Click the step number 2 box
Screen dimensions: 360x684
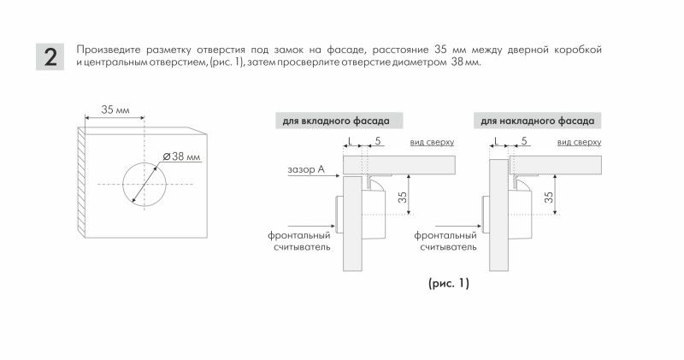coord(50,56)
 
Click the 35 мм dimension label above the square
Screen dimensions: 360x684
coord(115,110)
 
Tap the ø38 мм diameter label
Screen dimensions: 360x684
coord(182,156)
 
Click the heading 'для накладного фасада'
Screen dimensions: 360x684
coord(536,121)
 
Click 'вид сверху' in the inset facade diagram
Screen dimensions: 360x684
coord(432,141)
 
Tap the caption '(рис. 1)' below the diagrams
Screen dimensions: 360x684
coord(448,282)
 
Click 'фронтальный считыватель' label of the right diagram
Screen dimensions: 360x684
coord(446,240)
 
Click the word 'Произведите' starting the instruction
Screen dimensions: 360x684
coord(106,50)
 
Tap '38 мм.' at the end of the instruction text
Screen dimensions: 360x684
coord(465,63)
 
